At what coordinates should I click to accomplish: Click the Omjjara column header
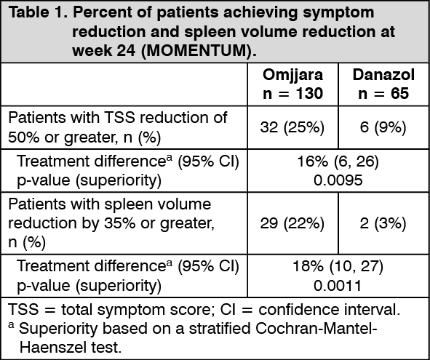(292, 75)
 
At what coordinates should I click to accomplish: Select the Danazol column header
(383, 75)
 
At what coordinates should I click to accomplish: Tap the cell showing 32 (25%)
(292, 127)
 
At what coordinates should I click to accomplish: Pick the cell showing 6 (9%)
(383, 127)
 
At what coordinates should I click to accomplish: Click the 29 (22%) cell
(292, 223)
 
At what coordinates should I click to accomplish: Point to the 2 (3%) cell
(383, 223)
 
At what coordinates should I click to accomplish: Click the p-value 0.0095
(338, 180)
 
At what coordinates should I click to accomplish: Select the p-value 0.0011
(338, 286)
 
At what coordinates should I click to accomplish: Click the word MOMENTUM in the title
(197, 51)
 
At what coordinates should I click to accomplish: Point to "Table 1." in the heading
(38, 12)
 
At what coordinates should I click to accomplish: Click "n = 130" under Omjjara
(292, 94)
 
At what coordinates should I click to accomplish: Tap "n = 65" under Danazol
(383, 94)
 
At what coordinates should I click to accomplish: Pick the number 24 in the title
(126, 51)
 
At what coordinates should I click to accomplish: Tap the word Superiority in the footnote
(58, 329)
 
